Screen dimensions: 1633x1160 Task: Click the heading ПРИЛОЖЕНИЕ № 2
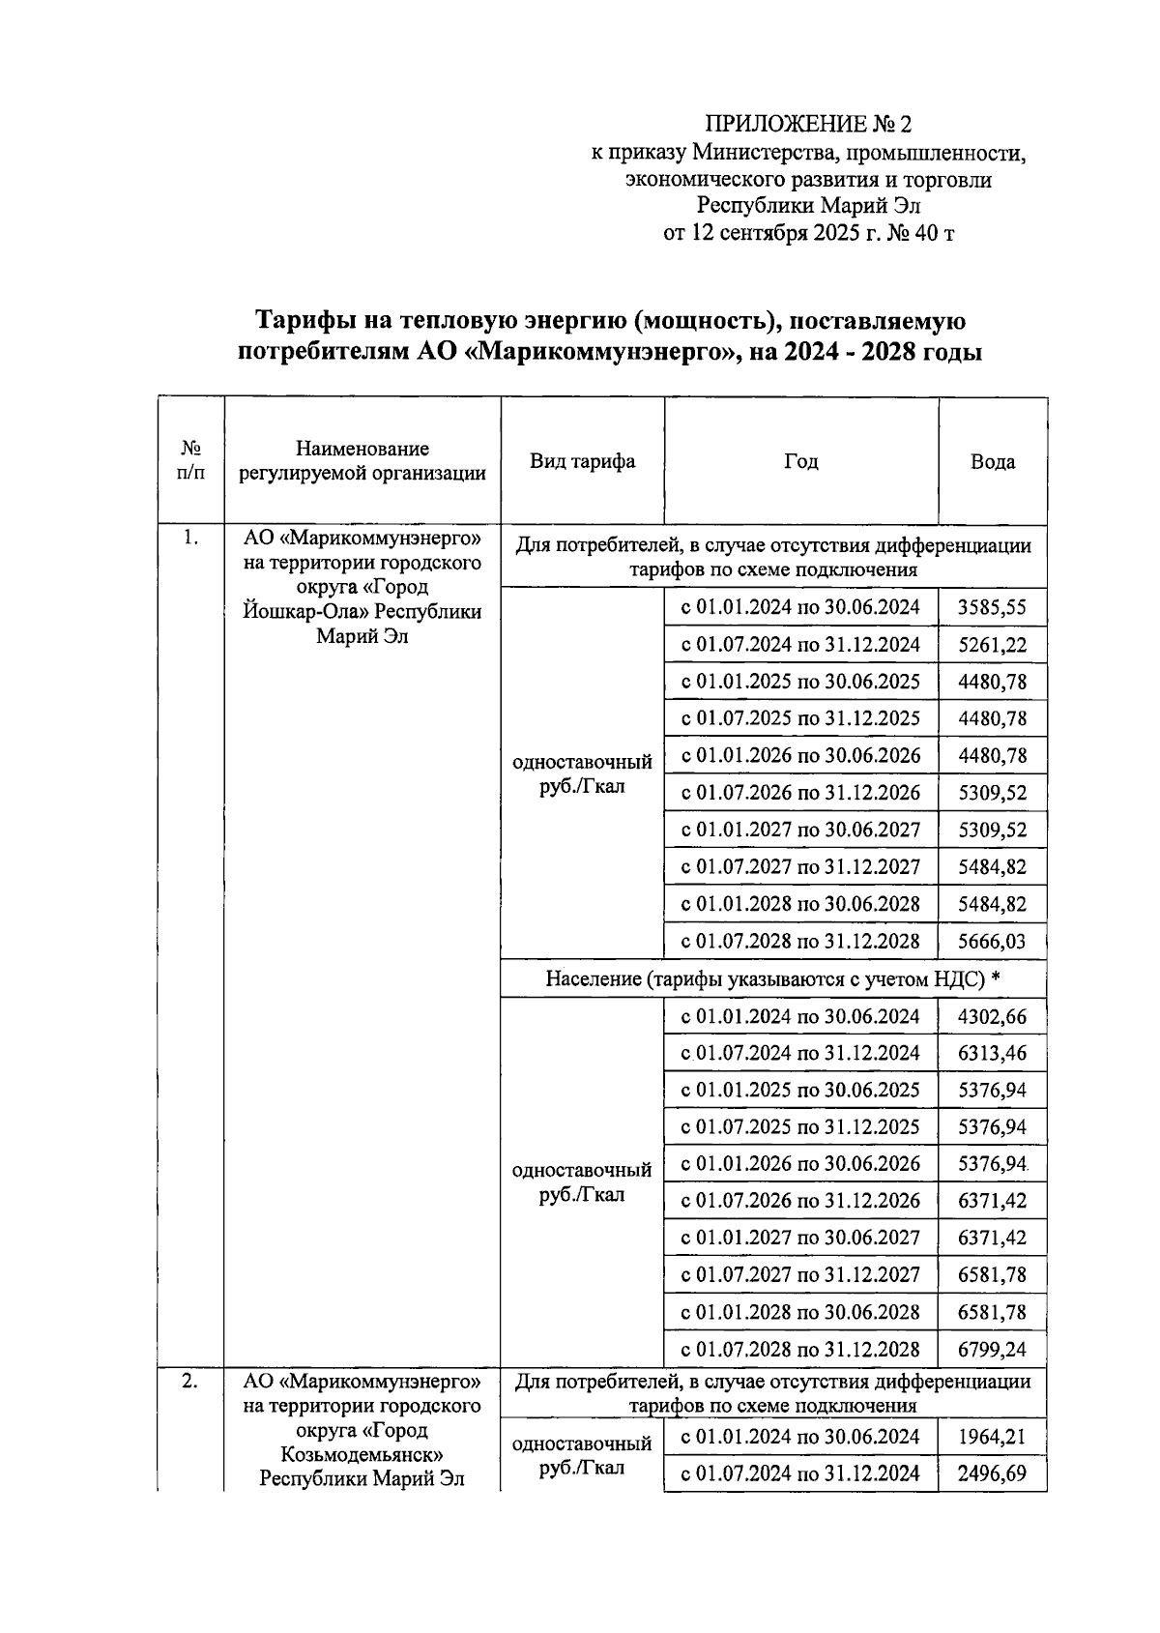pyautogui.click(x=808, y=124)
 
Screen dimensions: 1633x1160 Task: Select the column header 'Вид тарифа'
pyautogui.click(x=582, y=461)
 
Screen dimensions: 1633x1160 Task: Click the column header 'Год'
pyautogui.click(x=800, y=461)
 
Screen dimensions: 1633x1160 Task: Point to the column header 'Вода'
pyautogui.click(x=992, y=462)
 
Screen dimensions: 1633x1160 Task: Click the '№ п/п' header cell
pyautogui.click(x=191, y=461)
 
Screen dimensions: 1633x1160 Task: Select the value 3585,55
pyautogui.click(x=992, y=608)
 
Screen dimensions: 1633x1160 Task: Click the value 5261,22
pyautogui.click(x=992, y=645)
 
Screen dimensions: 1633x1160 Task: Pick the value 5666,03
pyautogui.click(x=992, y=942)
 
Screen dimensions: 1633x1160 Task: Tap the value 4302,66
pyautogui.click(x=992, y=1017)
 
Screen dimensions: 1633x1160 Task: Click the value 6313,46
pyautogui.click(x=992, y=1053)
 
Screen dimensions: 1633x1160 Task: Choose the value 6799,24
pyautogui.click(x=992, y=1350)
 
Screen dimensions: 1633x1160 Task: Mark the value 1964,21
pyautogui.click(x=992, y=1437)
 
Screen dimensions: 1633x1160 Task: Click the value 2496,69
pyautogui.click(x=992, y=1473)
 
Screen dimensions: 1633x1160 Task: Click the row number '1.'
pyautogui.click(x=190, y=539)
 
